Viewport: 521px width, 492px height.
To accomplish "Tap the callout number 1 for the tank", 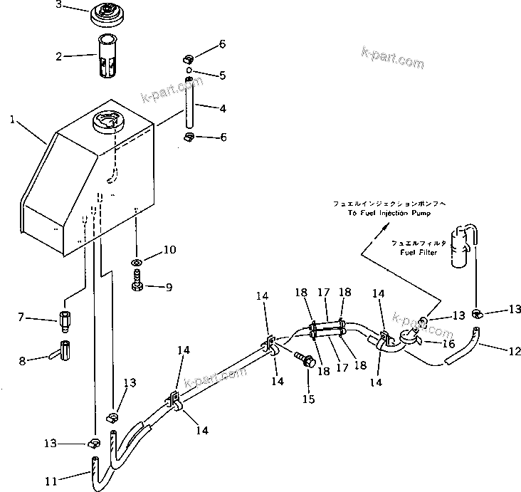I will tap(13, 120).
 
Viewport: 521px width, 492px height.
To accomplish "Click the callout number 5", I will tap(222, 75).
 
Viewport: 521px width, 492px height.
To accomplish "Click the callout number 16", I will tap(448, 344).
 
